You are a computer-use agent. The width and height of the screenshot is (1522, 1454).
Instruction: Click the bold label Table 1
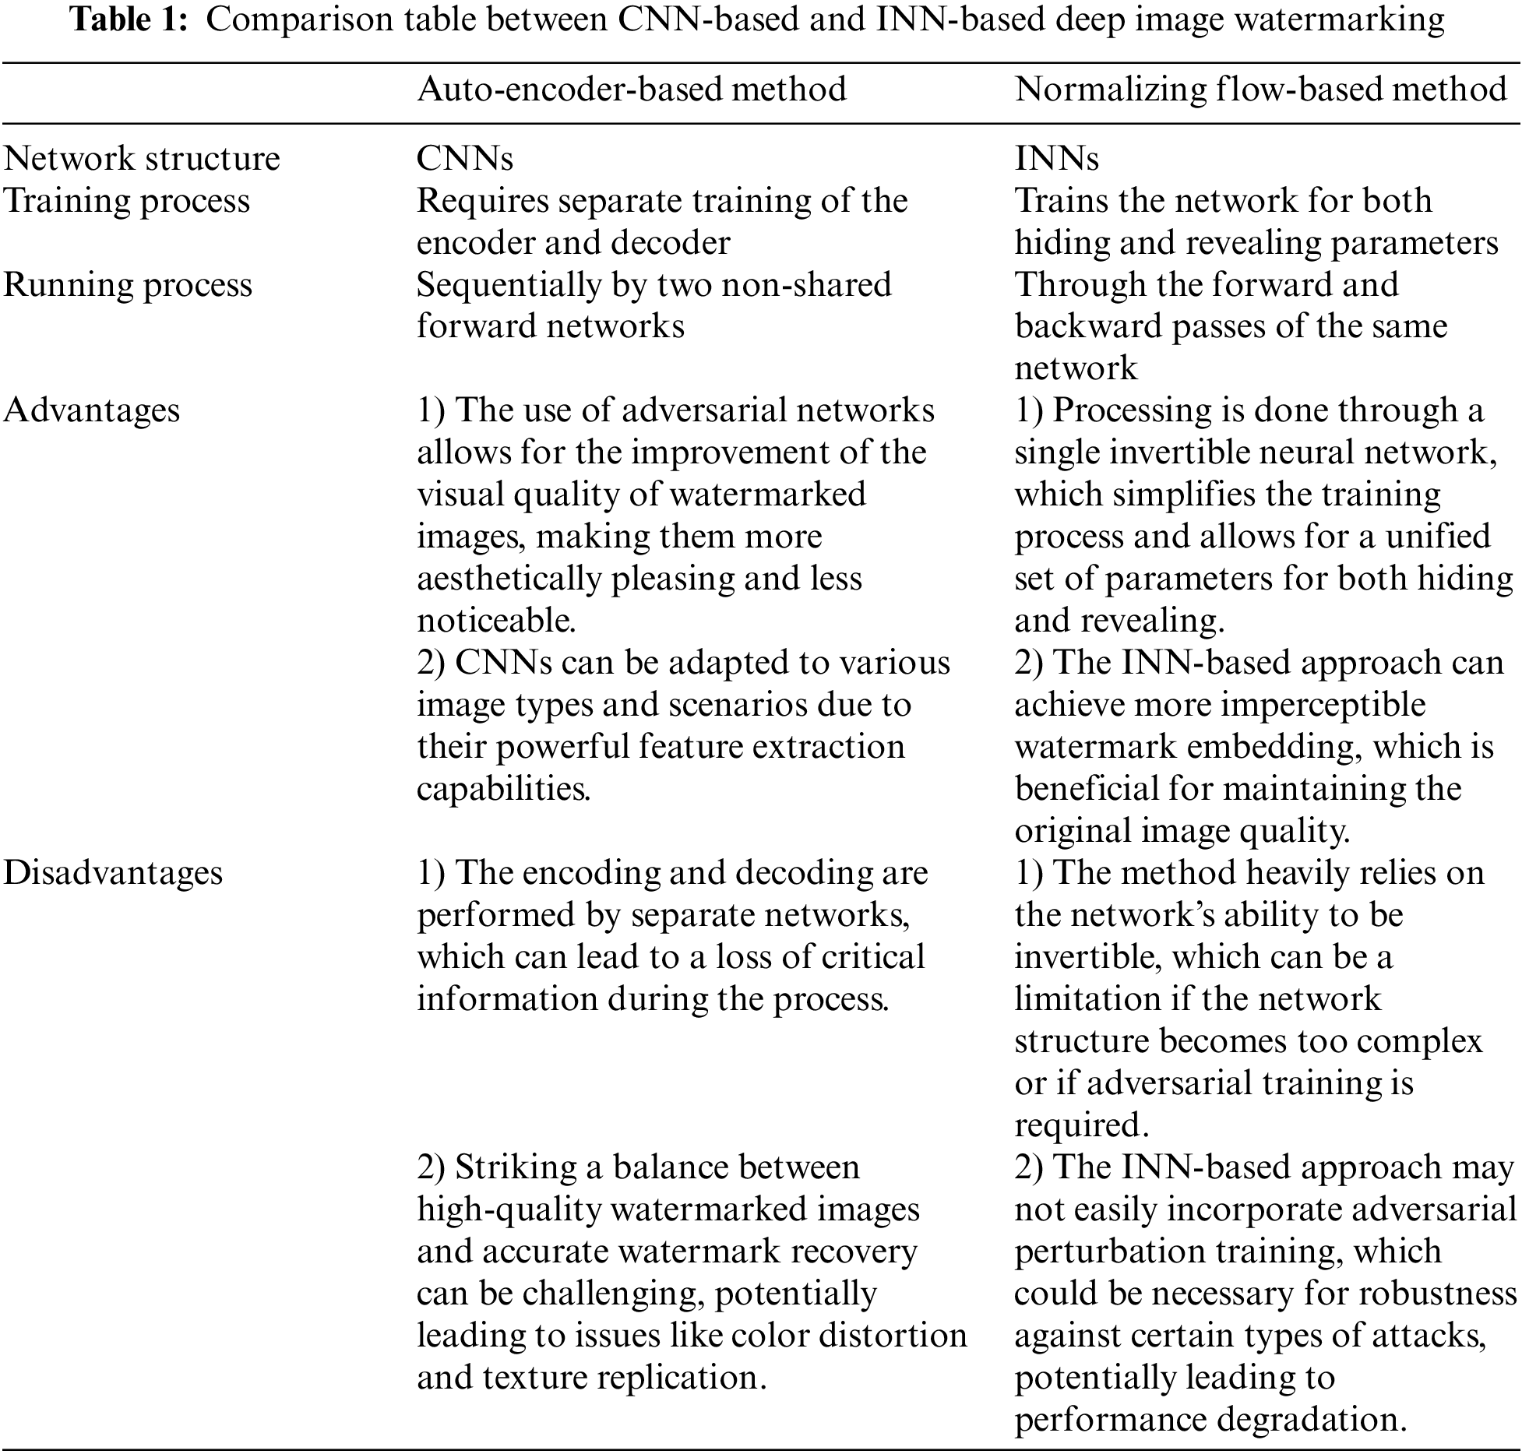129,20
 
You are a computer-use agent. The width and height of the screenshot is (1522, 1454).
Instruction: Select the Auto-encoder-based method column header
631,90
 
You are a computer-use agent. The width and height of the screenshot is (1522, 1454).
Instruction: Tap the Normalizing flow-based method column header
1260,90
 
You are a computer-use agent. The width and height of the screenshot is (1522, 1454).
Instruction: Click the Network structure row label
141,159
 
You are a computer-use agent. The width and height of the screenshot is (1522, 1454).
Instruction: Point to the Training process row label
126,201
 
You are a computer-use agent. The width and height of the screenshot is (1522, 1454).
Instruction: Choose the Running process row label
128,285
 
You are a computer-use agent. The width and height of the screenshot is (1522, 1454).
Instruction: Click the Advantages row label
91,410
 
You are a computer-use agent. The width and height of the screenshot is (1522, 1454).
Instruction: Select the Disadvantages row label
113,873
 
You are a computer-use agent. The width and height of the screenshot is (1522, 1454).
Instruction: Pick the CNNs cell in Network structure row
464,159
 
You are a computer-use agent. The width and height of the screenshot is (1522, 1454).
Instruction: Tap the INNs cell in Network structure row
1056,159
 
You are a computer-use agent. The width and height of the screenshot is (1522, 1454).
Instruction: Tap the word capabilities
503,789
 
